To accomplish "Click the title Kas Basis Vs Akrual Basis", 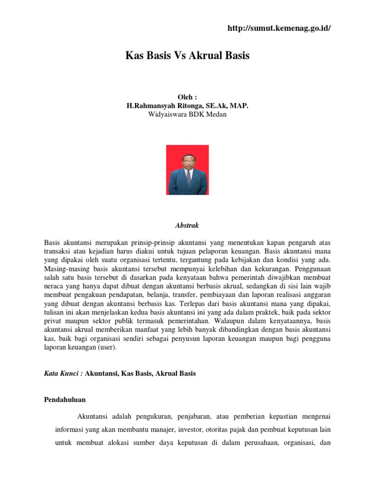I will pyautogui.click(x=187, y=56).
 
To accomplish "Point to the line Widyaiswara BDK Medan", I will pyautogui.click(x=187, y=114).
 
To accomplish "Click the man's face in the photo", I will pyautogui.click(x=187, y=161).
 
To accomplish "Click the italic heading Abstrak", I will pyautogui.click(x=187, y=226).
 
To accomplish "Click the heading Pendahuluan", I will pyautogui.click(x=65, y=399).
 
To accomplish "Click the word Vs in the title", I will pyautogui.click(x=176, y=56).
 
